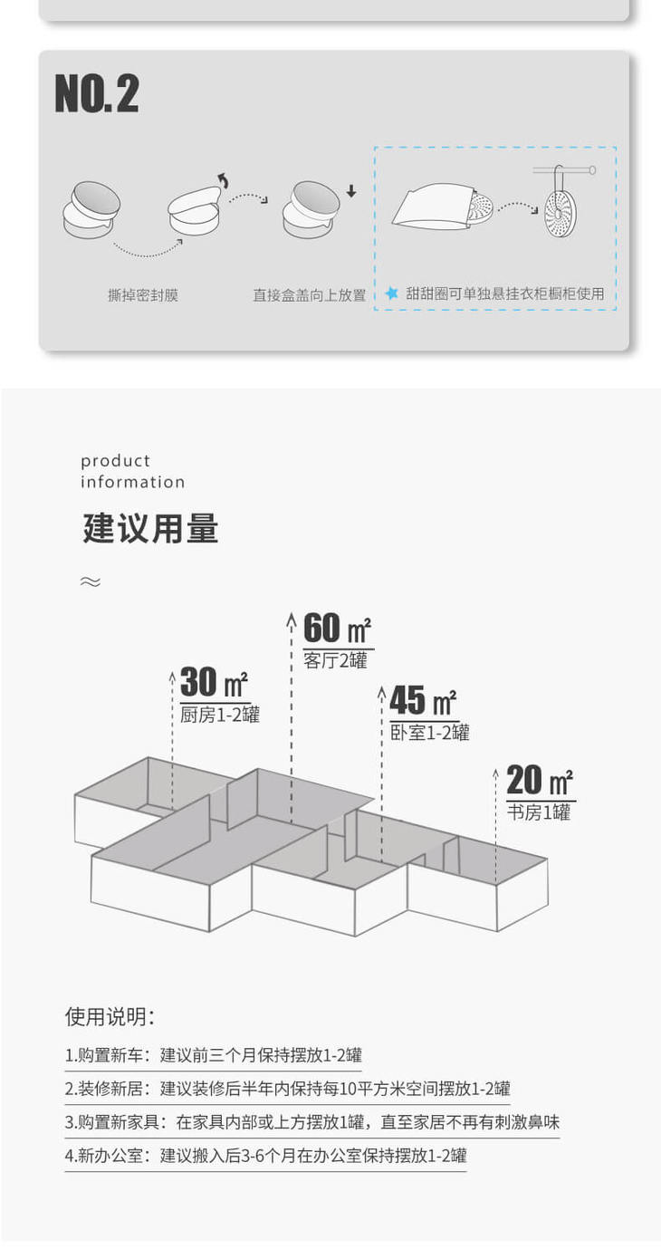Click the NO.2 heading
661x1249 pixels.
(x=97, y=94)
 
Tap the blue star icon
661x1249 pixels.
(x=391, y=293)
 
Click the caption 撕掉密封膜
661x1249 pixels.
(x=143, y=295)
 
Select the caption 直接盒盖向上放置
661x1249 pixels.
(x=309, y=295)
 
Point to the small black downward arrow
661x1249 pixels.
(x=351, y=192)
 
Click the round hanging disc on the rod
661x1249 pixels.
(x=560, y=213)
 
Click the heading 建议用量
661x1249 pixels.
(x=150, y=529)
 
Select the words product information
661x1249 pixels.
(x=132, y=471)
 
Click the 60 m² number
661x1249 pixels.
(x=337, y=629)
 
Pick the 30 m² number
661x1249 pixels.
(x=214, y=682)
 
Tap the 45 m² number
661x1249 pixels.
(x=423, y=700)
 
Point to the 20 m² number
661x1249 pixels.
(x=540, y=780)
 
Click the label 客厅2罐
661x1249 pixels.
(x=336, y=661)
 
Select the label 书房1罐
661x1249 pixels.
(x=539, y=812)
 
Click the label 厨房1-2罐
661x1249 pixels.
(x=220, y=715)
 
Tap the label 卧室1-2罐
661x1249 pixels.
(x=429, y=733)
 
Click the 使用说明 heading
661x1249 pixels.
(x=110, y=1016)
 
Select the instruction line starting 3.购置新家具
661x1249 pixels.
(x=311, y=1122)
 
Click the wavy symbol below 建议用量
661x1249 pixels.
(x=90, y=581)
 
